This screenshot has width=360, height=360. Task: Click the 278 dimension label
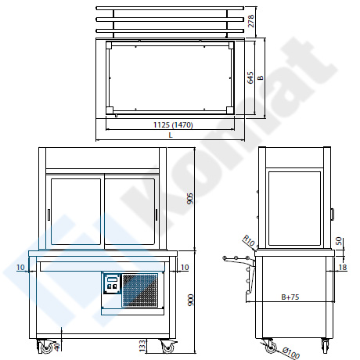(x=250, y=21)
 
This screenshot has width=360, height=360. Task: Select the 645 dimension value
(x=250, y=77)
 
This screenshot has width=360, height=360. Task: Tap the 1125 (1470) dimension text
(x=173, y=125)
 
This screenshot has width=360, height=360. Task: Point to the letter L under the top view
(x=171, y=135)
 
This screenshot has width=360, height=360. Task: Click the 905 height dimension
(x=190, y=199)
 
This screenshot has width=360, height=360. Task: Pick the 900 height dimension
(x=191, y=300)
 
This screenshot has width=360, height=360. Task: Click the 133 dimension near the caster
(x=142, y=346)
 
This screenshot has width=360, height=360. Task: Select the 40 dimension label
(x=57, y=346)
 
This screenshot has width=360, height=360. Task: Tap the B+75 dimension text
(x=290, y=297)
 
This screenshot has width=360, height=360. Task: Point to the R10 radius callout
(x=249, y=240)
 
